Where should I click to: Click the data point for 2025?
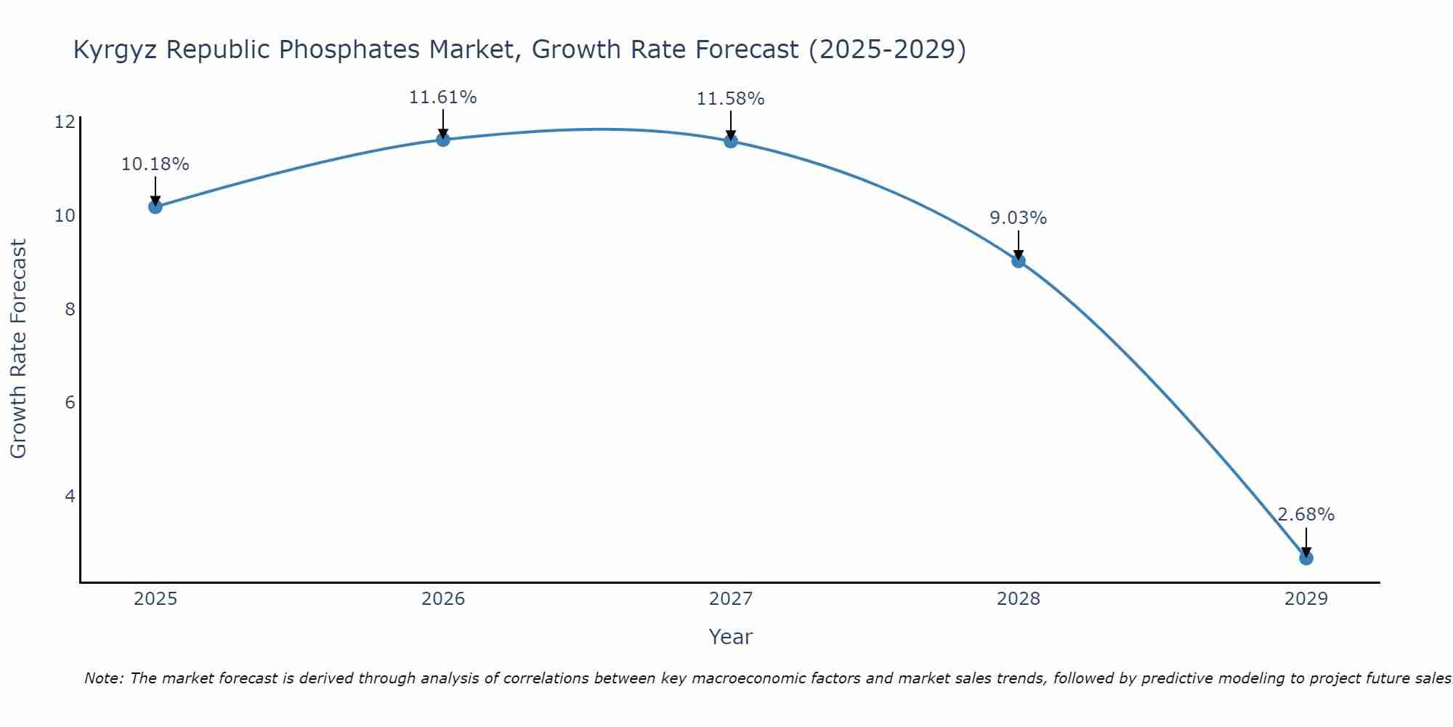click(x=155, y=207)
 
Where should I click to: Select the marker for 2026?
click(x=443, y=140)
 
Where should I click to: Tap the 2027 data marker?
click(x=731, y=141)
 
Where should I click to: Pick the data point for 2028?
click(x=1019, y=261)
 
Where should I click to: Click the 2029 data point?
click(x=1306, y=558)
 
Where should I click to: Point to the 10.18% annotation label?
click(x=155, y=164)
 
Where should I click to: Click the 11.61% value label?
click(x=442, y=97)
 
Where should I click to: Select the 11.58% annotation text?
click(x=730, y=99)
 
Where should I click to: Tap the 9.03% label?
click(x=1018, y=218)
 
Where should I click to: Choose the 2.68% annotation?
click(x=1306, y=515)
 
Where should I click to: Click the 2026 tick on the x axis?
click(x=443, y=599)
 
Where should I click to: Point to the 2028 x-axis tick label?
click(x=1019, y=599)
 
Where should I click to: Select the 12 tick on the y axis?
click(x=65, y=122)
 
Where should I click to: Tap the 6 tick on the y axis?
click(x=70, y=402)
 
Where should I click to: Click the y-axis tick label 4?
click(x=70, y=496)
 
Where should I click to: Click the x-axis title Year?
click(x=730, y=637)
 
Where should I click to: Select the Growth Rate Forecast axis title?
click(x=18, y=349)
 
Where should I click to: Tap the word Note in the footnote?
click(x=105, y=679)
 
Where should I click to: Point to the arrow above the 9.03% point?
click(x=1019, y=244)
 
